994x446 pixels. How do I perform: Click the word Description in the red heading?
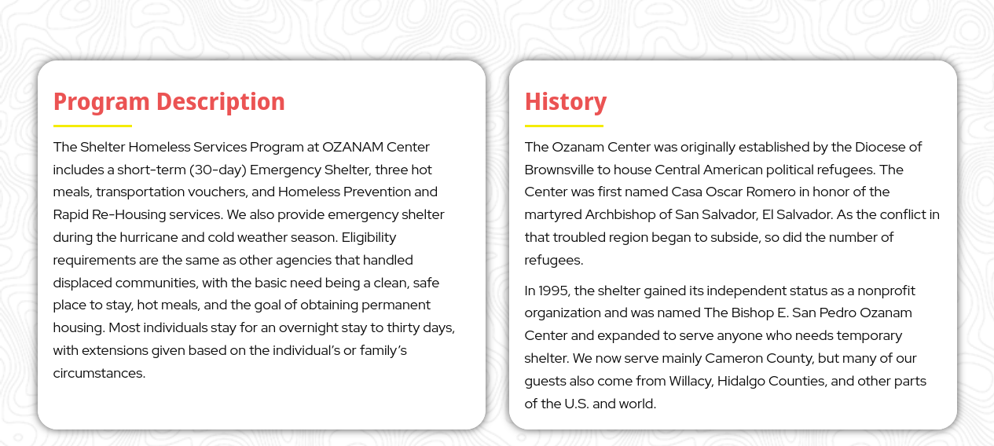click(x=221, y=102)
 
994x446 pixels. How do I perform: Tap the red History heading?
click(x=565, y=102)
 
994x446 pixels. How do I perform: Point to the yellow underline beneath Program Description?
click(x=92, y=126)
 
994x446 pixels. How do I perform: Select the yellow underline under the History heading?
click(x=563, y=126)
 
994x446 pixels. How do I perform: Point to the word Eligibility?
click(x=369, y=238)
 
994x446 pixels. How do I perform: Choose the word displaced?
click(x=82, y=283)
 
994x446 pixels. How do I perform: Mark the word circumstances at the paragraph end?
click(x=99, y=373)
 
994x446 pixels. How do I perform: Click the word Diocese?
click(x=880, y=147)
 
